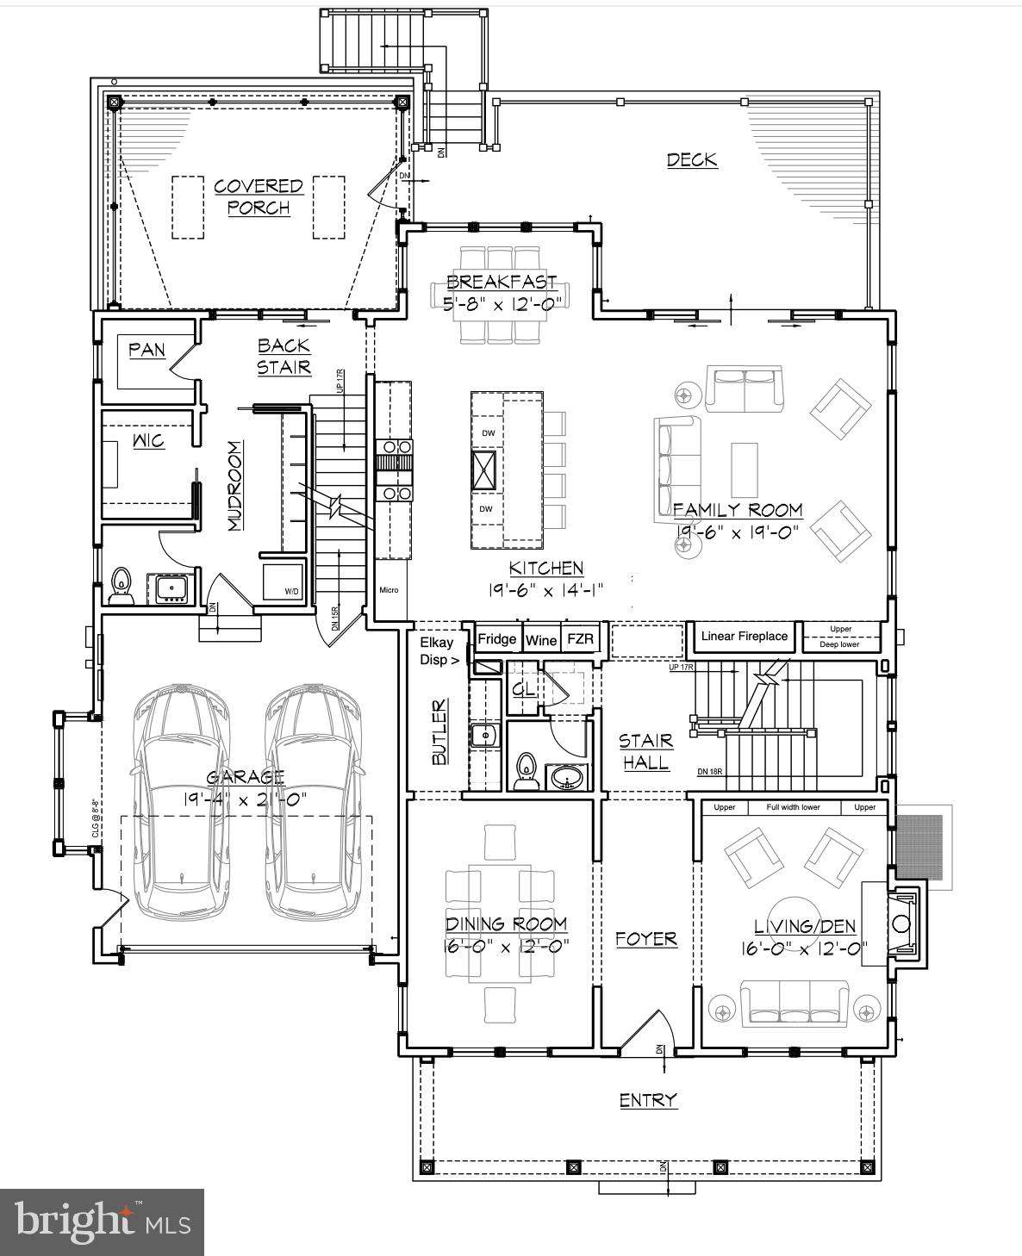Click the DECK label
click(692, 159)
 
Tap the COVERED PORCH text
click(259, 196)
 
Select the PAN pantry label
click(146, 350)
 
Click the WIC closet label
click(148, 441)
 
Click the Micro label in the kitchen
click(389, 590)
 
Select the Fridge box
click(497, 639)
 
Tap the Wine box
click(541, 640)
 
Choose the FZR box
click(581, 639)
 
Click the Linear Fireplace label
click(744, 637)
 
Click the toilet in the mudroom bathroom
click(121, 585)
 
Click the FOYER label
click(646, 939)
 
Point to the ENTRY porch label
click(648, 1100)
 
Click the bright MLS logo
click(102, 1222)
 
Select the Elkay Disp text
click(438, 651)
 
